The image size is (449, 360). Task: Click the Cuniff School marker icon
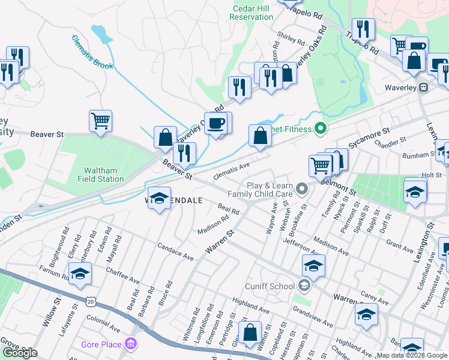coord(304,286)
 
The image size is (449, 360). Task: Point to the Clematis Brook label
coord(92,52)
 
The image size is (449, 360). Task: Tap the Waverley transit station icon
coord(423,87)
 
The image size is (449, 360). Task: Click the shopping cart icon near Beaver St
coord(100,121)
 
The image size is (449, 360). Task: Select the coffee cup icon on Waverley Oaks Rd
coord(216,123)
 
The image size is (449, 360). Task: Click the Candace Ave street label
coord(175,251)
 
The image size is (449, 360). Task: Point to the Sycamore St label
coord(369,137)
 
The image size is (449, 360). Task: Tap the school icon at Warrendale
coord(159,199)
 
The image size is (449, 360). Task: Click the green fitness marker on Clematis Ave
coord(320,128)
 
